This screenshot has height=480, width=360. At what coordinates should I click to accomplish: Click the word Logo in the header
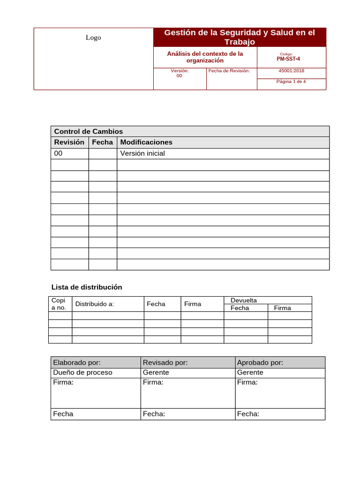pyautogui.click(x=93, y=37)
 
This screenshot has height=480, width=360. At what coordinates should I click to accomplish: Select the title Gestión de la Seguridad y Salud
pyautogui.click(x=240, y=37)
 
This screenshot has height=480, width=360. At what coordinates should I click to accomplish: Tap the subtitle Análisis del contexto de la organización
pyautogui.click(x=205, y=57)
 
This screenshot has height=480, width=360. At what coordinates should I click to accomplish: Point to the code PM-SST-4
pyautogui.click(x=288, y=59)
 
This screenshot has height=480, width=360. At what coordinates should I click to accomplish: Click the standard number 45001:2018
pyautogui.click(x=291, y=71)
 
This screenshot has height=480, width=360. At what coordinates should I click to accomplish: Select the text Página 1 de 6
pyautogui.click(x=291, y=81)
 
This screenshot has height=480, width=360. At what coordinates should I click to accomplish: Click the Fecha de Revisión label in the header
pyautogui.click(x=229, y=71)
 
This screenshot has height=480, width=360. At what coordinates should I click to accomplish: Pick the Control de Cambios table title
pyautogui.click(x=89, y=131)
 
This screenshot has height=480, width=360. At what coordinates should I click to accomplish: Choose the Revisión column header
pyautogui.click(x=69, y=142)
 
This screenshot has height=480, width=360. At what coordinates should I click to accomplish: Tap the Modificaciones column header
pyautogui.click(x=146, y=142)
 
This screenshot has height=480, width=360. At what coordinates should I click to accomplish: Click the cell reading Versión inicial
pyautogui.click(x=142, y=153)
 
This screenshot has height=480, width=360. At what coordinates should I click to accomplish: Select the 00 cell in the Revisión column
pyautogui.click(x=59, y=153)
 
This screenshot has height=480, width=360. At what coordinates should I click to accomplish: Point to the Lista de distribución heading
pyautogui.click(x=86, y=287)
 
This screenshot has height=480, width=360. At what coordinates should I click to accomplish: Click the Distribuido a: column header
pyautogui.click(x=95, y=304)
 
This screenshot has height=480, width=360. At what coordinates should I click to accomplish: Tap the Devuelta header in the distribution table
pyautogui.click(x=244, y=300)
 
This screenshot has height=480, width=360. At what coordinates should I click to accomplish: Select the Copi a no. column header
pyautogui.click(x=59, y=304)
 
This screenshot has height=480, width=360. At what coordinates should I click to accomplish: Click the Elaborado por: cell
pyautogui.click(x=77, y=362)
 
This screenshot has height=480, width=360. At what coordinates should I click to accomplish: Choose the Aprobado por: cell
pyautogui.click(x=260, y=362)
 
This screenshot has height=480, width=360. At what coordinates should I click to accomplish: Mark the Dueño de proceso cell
pyautogui.click(x=82, y=373)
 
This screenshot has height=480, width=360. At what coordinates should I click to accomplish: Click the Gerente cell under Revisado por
pyautogui.click(x=156, y=373)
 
